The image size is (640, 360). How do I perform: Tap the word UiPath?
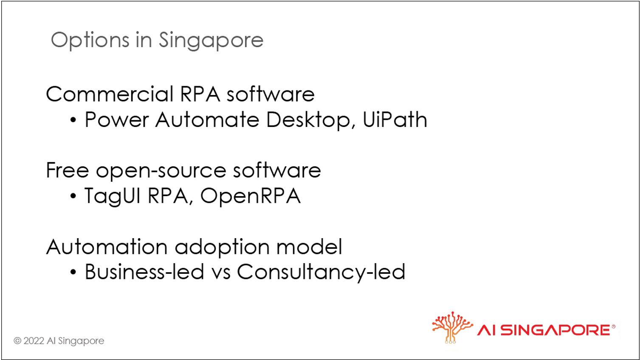click(395, 119)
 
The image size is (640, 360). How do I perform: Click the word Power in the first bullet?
click(116, 119)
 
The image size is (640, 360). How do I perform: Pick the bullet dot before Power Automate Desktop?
click(73, 120)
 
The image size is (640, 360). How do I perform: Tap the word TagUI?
click(112, 196)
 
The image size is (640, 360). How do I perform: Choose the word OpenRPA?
click(251, 196)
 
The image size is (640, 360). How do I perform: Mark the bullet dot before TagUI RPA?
click(73, 196)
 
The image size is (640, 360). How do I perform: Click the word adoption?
click(222, 247)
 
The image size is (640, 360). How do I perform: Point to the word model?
click(309, 246)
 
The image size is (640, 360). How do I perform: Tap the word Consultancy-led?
click(321, 272)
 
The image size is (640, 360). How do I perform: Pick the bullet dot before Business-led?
click(73, 272)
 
